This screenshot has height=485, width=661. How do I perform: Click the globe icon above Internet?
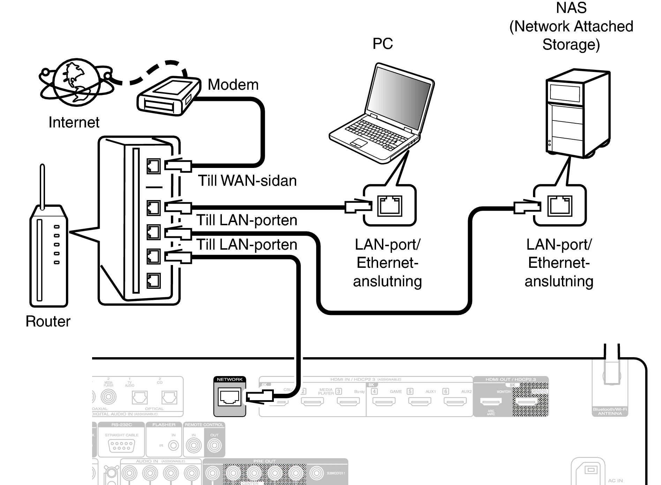coord(76,82)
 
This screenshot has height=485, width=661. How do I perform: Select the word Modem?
coord(233,85)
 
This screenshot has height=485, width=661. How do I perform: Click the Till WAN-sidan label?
coord(247,181)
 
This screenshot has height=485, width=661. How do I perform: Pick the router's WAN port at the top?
coord(153,166)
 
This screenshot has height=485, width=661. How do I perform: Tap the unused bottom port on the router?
coord(153,280)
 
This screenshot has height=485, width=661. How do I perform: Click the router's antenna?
coord(43,187)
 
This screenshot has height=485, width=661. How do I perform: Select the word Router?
coord(48,321)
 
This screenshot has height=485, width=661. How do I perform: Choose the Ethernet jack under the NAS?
coord(560,206)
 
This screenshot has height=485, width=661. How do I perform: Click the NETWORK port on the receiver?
coord(229,397)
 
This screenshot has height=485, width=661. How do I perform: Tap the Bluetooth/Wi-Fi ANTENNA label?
coord(610,411)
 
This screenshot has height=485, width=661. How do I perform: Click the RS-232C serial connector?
coord(121,446)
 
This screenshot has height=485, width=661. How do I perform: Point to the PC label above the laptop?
coord(383,44)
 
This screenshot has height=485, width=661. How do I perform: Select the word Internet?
coord(74,123)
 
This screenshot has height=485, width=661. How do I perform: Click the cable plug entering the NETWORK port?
coord(259,397)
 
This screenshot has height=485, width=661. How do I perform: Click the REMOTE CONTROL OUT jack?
coord(214,446)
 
